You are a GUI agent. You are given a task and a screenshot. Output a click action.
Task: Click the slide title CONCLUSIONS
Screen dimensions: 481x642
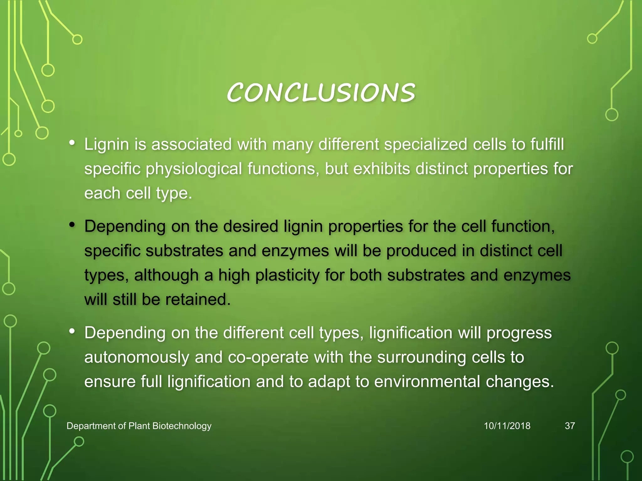(x=321, y=93)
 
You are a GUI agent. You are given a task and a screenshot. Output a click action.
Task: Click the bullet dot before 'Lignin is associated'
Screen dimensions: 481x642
(x=72, y=143)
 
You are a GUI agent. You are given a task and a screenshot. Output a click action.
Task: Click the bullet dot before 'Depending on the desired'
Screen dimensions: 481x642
(x=72, y=225)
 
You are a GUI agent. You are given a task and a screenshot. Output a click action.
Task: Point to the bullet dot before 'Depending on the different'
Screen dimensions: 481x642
(x=72, y=331)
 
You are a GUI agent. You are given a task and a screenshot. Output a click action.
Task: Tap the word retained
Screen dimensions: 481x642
(x=198, y=300)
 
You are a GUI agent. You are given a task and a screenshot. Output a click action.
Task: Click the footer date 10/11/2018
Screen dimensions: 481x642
(x=507, y=426)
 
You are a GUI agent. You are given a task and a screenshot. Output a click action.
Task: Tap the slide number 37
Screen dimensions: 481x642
(x=570, y=426)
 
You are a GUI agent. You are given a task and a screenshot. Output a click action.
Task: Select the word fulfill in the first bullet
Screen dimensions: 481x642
(x=547, y=145)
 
